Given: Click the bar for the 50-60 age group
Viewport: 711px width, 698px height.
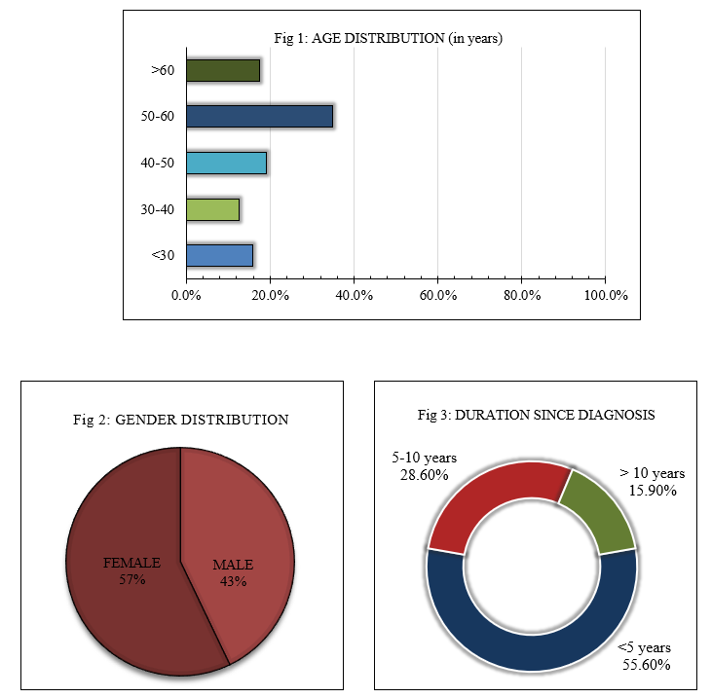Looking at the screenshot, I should [259, 116].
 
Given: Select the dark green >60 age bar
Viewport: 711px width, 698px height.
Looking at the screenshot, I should [223, 70].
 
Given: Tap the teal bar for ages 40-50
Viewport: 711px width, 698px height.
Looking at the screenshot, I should [226, 163].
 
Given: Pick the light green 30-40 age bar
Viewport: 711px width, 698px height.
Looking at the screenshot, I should [212, 209].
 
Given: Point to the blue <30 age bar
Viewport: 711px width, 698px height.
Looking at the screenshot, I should [219, 255].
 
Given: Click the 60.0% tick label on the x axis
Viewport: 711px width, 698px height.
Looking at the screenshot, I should [437, 295].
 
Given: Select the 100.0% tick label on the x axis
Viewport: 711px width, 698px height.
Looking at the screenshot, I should [605, 295].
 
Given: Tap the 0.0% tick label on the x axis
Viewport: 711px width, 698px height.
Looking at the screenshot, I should [186, 295].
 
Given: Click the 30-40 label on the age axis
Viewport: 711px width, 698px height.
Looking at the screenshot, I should [158, 209].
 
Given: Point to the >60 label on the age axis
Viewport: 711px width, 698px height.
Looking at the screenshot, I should [162, 70].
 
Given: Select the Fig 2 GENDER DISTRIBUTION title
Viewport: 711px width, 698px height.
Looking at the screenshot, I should [181, 420].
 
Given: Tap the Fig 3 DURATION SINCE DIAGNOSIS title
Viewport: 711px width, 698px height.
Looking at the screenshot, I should [536, 414].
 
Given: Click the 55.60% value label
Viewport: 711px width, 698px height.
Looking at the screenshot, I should [647, 665].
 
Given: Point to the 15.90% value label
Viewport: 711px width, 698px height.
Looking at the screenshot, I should [653, 490].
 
